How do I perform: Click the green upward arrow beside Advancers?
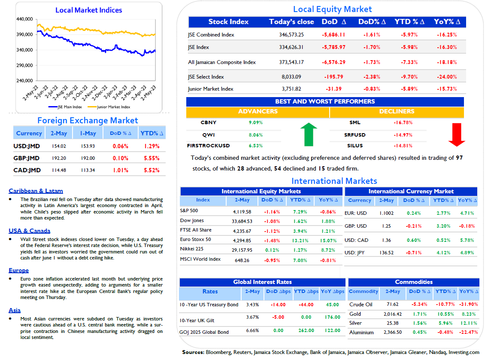[309, 134]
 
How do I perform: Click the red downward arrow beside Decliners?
[457, 134]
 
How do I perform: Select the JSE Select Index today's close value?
[291, 76]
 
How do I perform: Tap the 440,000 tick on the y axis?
[24, 19]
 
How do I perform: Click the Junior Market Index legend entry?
[109, 107]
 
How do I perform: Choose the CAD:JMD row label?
[27, 170]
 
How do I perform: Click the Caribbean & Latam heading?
[36, 191]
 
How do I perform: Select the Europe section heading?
[18, 271]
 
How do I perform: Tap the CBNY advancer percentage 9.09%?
[255, 122]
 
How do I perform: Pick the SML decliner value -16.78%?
[403, 122]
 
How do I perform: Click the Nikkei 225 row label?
[191, 249]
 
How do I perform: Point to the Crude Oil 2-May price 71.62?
[393, 304]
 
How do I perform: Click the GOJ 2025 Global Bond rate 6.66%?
[252, 330]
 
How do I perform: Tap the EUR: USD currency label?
[356, 213]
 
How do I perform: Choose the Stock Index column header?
[228, 22]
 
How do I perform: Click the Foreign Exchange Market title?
[88, 120]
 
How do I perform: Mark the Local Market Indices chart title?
[88, 10]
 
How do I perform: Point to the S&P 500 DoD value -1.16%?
[272, 212]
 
